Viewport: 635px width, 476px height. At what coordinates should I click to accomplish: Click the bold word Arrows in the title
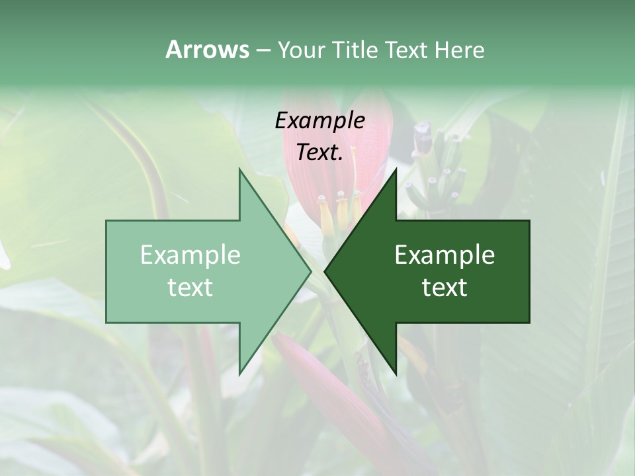coord(207,50)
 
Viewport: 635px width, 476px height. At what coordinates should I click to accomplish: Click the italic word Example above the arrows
coord(320,120)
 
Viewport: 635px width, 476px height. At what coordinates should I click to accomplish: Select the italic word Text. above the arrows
coord(320,152)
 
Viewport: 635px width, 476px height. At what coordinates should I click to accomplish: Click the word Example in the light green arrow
coord(190,255)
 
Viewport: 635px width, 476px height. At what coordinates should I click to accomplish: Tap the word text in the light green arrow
coord(190,288)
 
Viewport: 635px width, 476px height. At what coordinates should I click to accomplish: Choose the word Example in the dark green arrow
coord(444,255)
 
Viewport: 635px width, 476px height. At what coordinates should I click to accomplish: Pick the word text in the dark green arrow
coord(444,288)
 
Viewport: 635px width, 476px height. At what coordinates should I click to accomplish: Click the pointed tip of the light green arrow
coord(310,271)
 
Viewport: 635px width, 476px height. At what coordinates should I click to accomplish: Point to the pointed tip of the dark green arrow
coord(325,271)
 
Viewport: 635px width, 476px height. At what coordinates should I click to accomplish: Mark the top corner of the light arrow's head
coord(239,170)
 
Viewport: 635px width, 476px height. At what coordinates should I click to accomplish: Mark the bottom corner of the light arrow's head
coord(239,374)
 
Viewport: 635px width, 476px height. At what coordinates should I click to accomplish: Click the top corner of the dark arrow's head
coord(396,170)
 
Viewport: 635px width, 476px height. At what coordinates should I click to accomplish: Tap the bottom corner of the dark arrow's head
coord(396,374)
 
